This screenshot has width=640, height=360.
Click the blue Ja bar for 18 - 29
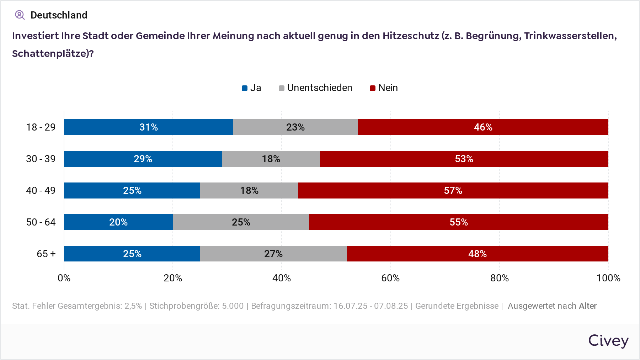point(148,127)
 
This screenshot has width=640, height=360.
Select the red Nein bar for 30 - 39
point(464,159)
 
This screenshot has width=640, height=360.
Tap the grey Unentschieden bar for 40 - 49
point(249,190)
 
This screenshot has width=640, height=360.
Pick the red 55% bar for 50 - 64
point(458,222)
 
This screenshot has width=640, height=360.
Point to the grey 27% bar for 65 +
point(273,254)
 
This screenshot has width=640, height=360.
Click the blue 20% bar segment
point(118,222)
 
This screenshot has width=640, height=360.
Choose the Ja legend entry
point(251,88)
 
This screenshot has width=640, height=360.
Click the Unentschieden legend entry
point(315,88)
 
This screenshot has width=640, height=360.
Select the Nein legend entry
point(384,88)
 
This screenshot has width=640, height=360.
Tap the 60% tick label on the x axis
point(390,278)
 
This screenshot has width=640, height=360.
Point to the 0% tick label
point(64,278)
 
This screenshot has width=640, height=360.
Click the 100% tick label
point(608,278)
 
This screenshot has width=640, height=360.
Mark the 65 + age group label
point(46,254)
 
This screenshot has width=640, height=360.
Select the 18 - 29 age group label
point(41,127)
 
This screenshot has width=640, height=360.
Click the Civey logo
point(608,340)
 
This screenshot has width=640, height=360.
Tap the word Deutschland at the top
point(59,15)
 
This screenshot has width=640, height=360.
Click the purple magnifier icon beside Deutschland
point(20,15)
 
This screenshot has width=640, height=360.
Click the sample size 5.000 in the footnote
point(233,306)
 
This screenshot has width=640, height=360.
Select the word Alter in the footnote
point(588,306)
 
